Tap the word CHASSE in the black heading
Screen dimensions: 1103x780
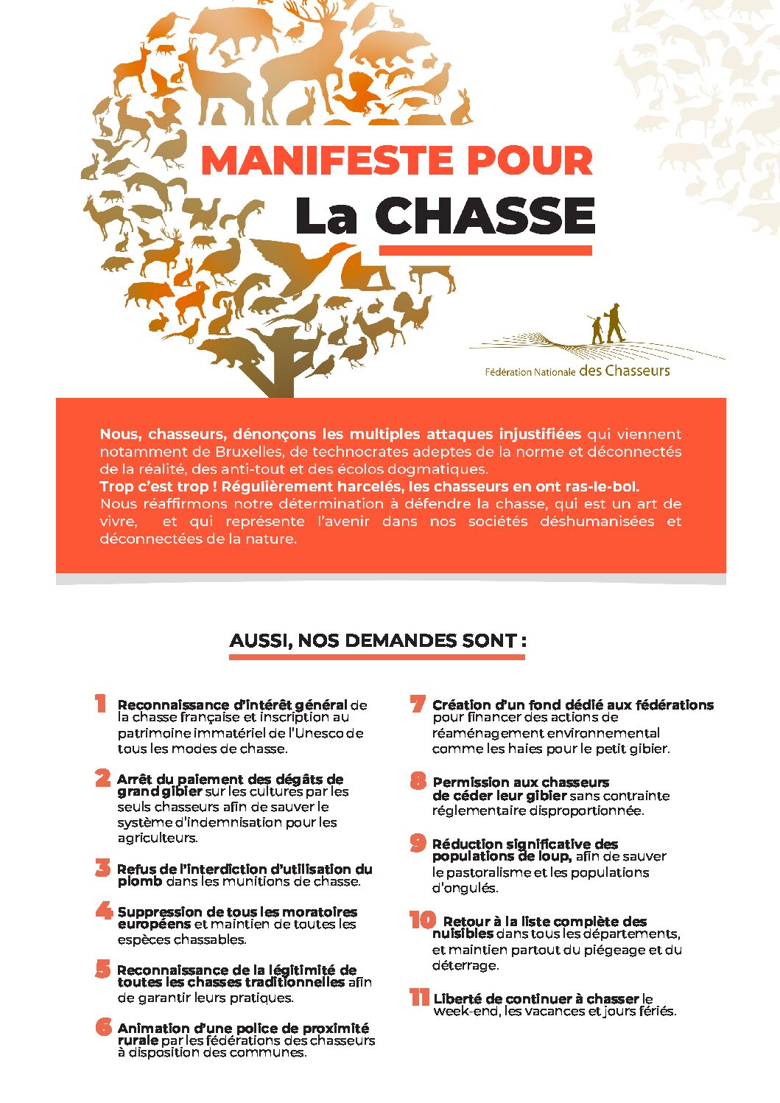(x=485, y=217)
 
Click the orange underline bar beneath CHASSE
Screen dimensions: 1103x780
(x=485, y=251)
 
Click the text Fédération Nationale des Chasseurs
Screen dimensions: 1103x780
(x=577, y=371)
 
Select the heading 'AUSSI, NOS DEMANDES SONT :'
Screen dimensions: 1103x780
(x=377, y=640)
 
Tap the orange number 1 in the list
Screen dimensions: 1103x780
(x=101, y=704)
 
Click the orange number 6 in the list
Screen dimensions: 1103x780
(x=103, y=1026)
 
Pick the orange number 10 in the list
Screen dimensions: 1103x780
(x=422, y=920)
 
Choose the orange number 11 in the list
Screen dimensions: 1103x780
(x=419, y=998)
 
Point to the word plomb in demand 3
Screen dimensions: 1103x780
(x=139, y=881)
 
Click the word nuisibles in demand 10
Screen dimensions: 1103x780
(x=462, y=934)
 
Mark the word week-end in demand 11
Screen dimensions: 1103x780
(x=462, y=1011)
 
